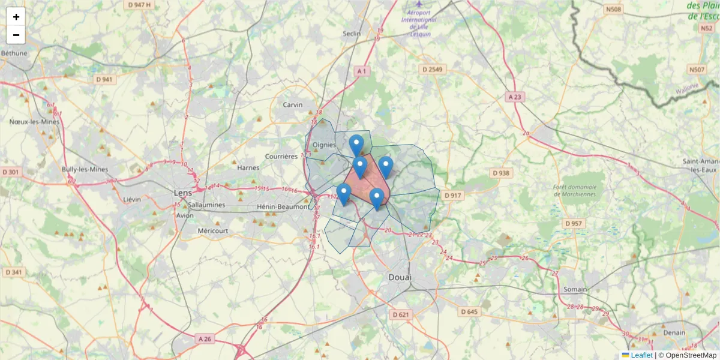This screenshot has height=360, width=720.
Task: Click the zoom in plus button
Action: pos(16,17)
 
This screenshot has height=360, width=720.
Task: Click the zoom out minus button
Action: pos(16,35)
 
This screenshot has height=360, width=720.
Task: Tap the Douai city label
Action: pos(400,277)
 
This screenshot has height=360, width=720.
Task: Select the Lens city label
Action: pos(182,193)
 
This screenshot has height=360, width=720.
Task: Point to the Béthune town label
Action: pos(14,53)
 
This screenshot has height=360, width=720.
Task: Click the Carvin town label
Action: pos(293,104)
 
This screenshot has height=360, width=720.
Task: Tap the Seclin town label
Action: pos(352,34)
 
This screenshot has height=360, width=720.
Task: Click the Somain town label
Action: pos(575,289)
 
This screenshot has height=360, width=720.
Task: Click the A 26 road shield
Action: pos(205,339)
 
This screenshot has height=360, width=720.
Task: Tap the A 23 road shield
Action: pos(514,96)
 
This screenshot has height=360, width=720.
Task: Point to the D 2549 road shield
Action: pos(432,70)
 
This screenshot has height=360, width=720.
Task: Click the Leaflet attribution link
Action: pos(641,355)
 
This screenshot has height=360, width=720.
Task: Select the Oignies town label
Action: pos(324,145)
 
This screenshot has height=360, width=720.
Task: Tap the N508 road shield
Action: pos(614,10)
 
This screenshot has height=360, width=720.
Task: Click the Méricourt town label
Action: pos(213,230)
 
